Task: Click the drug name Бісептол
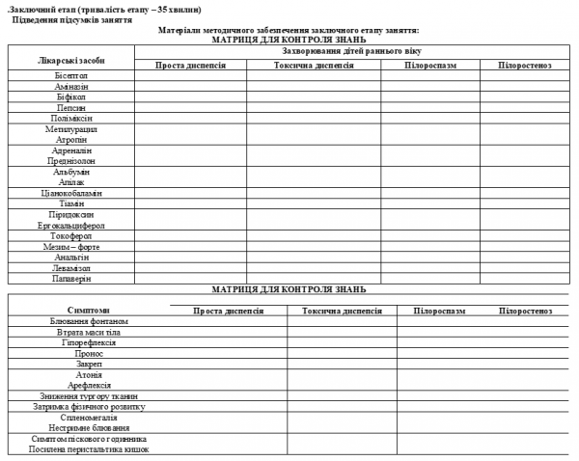[71, 74]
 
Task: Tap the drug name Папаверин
[71, 279]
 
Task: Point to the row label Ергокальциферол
[71, 225]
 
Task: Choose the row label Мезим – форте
[71, 246]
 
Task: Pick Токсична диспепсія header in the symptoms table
[342, 311]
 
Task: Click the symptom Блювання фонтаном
[89, 321]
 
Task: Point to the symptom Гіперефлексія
[89, 342]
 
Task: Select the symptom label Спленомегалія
[89, 418]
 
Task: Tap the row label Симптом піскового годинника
[89, 439]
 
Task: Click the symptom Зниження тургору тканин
[89, 396]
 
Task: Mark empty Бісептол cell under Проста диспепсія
[190, 74]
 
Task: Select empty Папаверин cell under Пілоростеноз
[524, 279]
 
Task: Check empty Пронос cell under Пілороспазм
[440, 353]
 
